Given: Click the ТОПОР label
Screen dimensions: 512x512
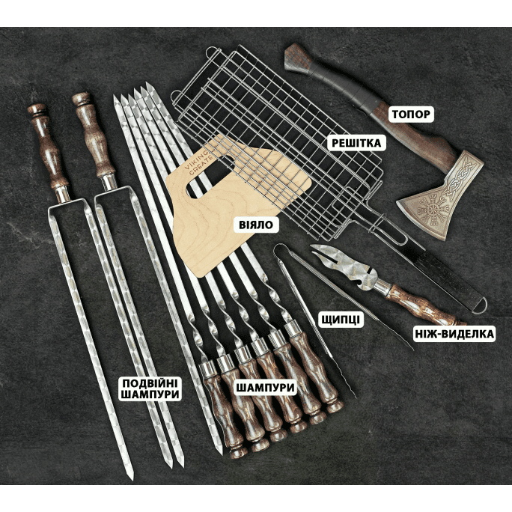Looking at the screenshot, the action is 411,115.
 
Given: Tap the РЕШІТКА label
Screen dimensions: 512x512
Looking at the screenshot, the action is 356,143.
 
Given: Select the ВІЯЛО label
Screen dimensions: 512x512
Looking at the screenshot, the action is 256,225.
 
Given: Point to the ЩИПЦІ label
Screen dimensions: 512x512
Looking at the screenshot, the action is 341,320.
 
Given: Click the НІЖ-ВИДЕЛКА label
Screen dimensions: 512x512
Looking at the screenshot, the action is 454,334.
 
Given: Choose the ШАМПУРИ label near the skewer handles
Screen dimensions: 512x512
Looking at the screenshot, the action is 265,388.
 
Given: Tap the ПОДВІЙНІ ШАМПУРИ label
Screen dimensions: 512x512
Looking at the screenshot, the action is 150,388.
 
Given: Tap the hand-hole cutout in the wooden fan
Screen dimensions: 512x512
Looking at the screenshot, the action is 209,178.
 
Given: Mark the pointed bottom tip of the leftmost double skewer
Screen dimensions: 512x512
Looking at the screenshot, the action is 131,479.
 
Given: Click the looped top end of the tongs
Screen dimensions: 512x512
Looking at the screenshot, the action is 281,251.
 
